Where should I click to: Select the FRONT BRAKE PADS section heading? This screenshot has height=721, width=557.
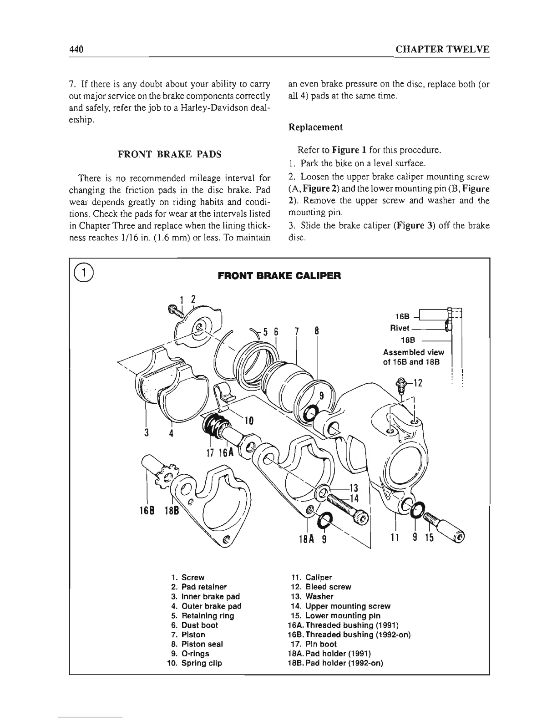pyautogui.click(x=170, y=154)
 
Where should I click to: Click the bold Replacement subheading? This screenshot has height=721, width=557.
pyautogui.click(x=315, y=127)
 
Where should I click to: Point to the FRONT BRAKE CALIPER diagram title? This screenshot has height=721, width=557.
pyautogui.click(x=279, y=276)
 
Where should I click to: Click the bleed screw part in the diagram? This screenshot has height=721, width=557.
pyautogui.click(x=401, y=383)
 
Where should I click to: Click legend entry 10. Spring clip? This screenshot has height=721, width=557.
pyautogui.click(x=195, y=663)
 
